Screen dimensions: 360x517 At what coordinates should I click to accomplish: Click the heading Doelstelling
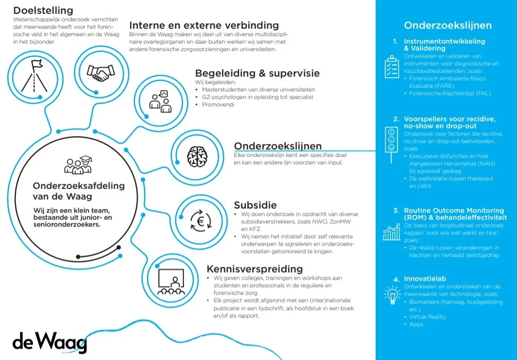pyautogui.click(x=43, y=10)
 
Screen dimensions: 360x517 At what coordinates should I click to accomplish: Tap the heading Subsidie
pyautogui.click(x=255, y=205)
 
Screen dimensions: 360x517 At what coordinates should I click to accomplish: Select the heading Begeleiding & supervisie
pyautogui.click(x=257, y=73)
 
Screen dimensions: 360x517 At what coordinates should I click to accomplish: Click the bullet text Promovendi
pyautogui.click(x=218, y=105)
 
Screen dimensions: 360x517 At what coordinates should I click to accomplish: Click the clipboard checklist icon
pyautogui.click(x=392, y=67)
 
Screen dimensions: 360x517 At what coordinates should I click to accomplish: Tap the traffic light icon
pyautogui.click(x=392, y=139)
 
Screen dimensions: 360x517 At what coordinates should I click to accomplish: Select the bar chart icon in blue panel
pyautogui.click(x=392, y=232)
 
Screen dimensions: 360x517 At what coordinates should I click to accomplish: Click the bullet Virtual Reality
pyautogui.click(x=427, y=316)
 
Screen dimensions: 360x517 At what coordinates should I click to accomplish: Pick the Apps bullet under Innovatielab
pyautogui.click(x=416, y=324)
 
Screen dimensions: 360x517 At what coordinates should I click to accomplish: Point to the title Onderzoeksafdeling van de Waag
pyautogui.click(x=79, y=190)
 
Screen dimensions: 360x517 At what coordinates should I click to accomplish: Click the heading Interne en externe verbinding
pyautogui.click(x=204, y=25)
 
